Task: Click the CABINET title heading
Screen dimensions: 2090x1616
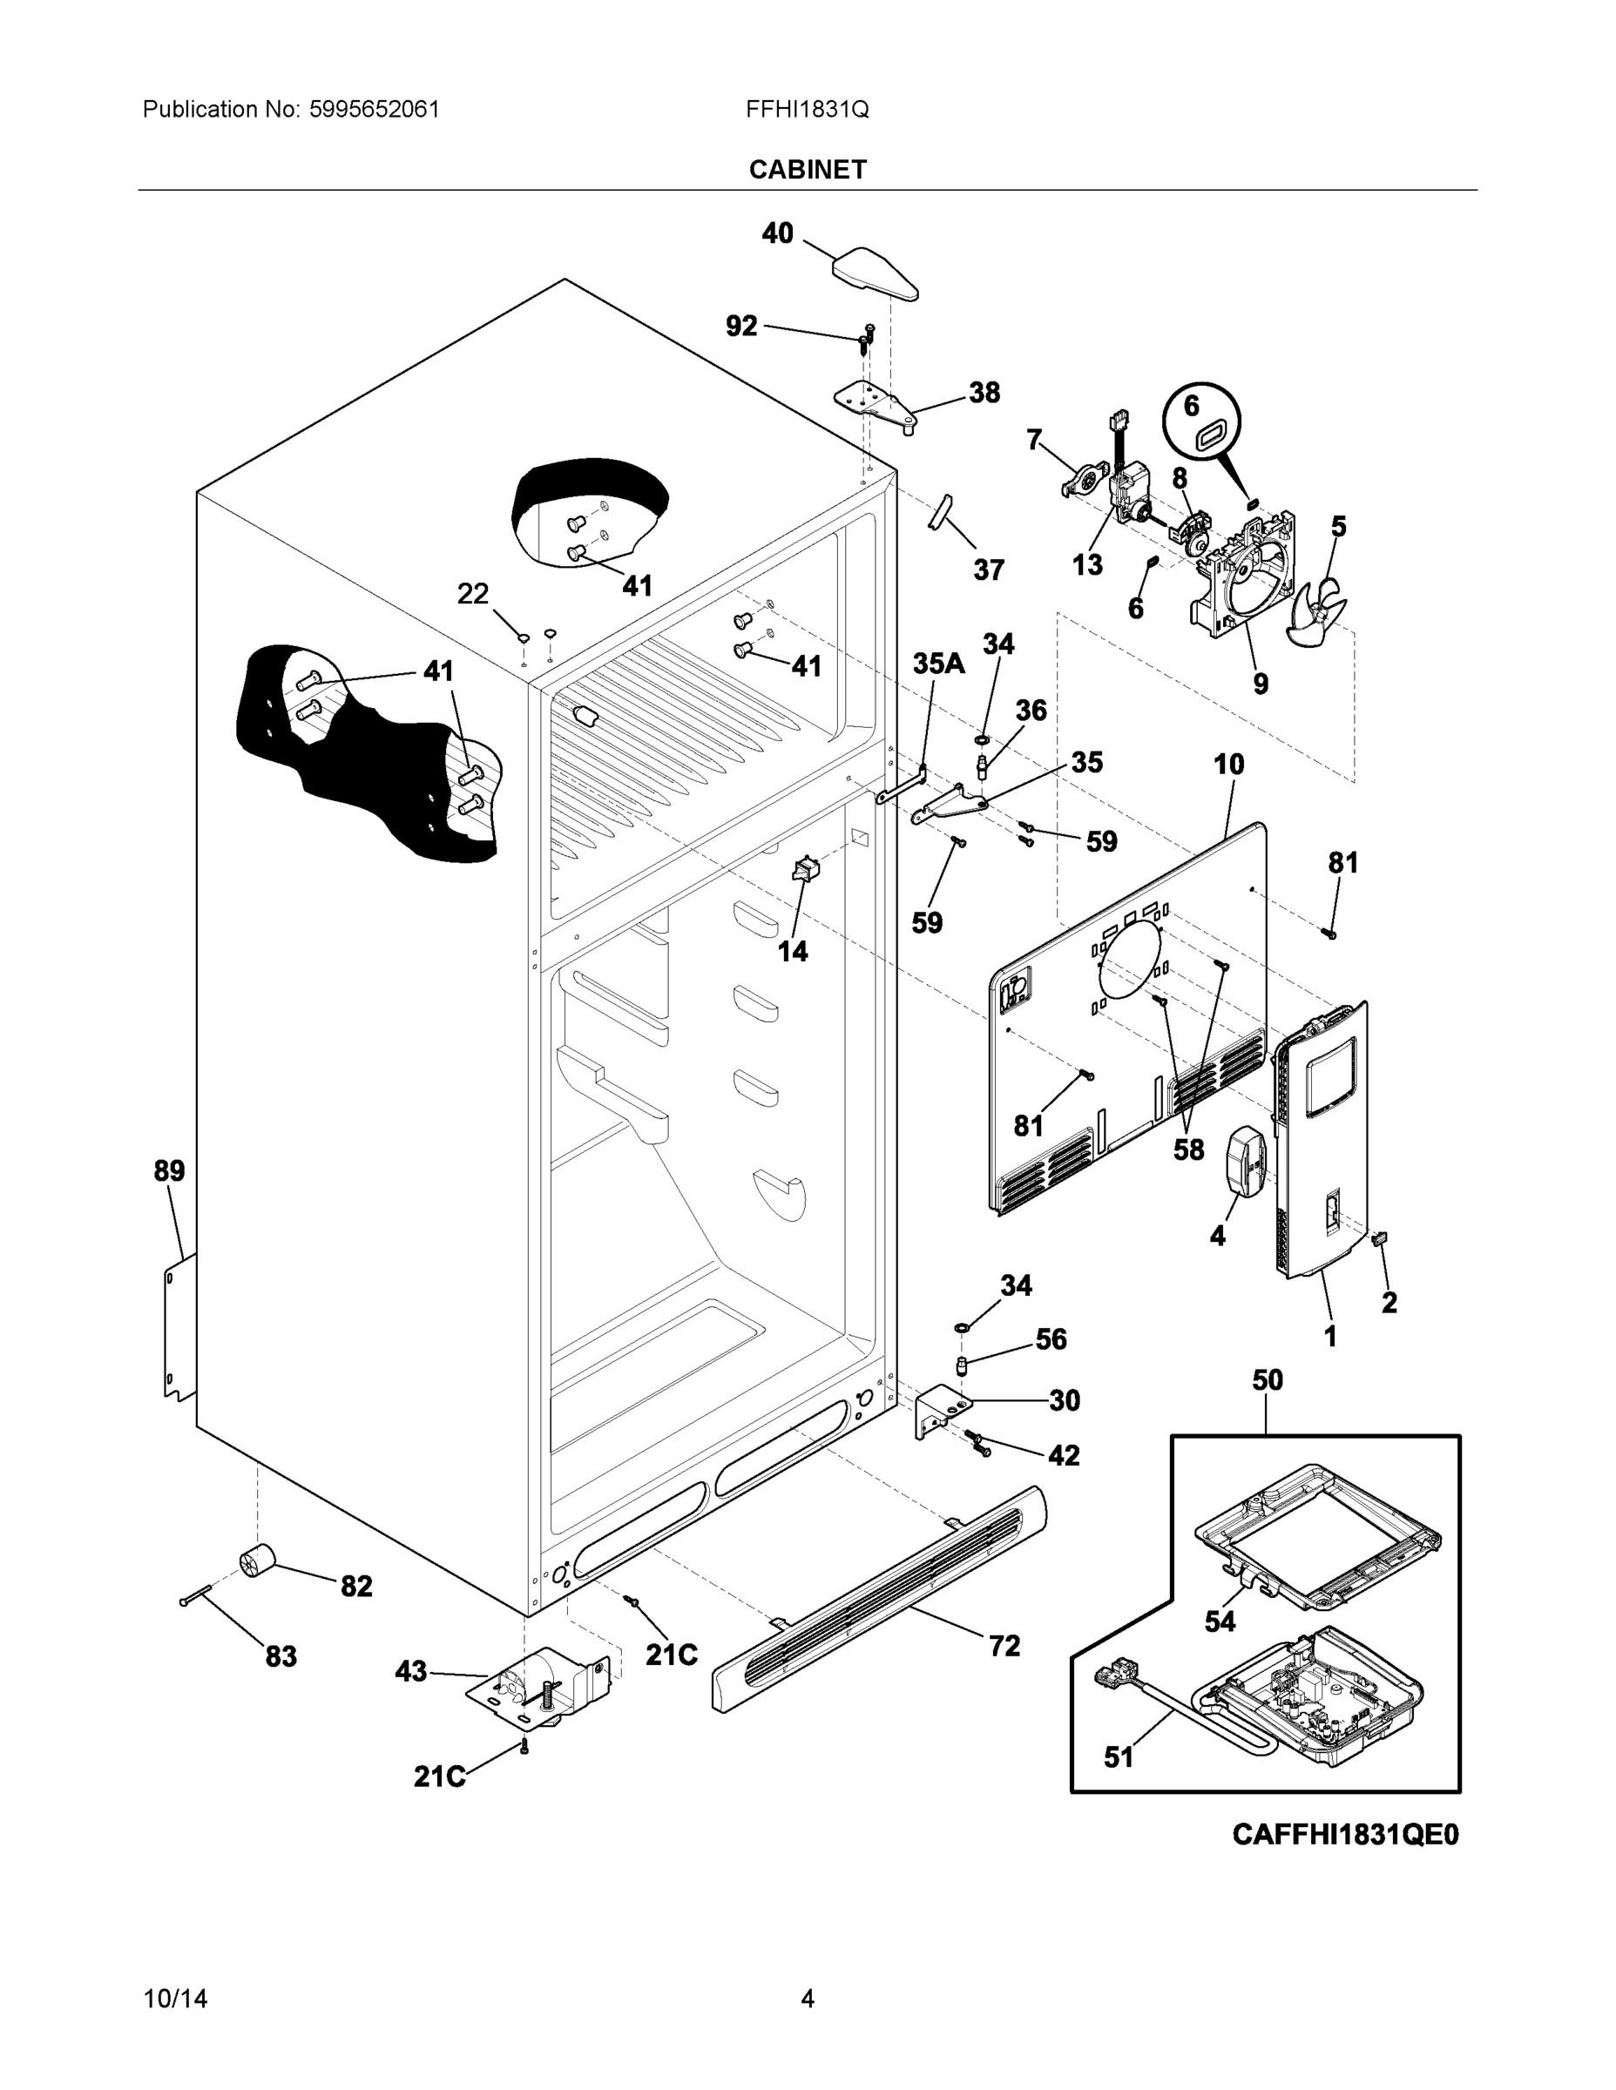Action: [x=807, y=170]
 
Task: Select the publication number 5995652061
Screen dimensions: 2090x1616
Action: [x=374, y=109]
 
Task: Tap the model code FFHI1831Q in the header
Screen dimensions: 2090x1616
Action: [x=807, y=109]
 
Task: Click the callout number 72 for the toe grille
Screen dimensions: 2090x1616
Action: [x=1004, y=1646]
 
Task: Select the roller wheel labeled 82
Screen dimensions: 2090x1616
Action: [x=255, y=1563]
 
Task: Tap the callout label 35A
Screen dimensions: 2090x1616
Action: [x=938, y=664]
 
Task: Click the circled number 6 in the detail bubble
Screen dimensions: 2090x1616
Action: [x=1191, y=406]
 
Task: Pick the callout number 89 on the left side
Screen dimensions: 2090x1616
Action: [x=170, y=1170]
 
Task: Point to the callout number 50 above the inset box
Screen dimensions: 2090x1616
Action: [x=1268, y=1380]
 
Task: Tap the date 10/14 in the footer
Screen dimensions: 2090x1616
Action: [x=175, y=1999]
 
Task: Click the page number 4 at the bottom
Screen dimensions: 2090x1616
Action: [x=807, y=1999]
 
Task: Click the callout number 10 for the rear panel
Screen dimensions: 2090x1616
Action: [x=1229, y=765]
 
